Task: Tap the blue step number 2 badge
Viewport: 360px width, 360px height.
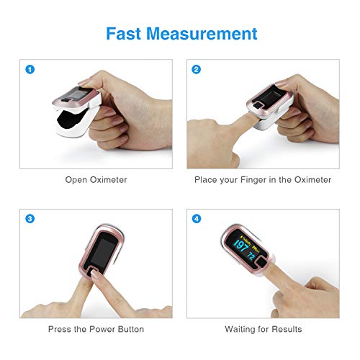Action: click(x=196, y=70)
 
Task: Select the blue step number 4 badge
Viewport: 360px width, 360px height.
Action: click(x=196, y=218)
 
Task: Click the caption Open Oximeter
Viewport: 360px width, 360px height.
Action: click(x=96, y=179)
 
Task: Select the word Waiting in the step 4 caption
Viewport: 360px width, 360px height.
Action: click(x=240, y=329)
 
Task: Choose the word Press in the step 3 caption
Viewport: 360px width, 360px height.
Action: click(x=60, y=329)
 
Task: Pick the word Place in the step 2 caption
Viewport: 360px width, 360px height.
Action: click(x=207, y=179)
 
